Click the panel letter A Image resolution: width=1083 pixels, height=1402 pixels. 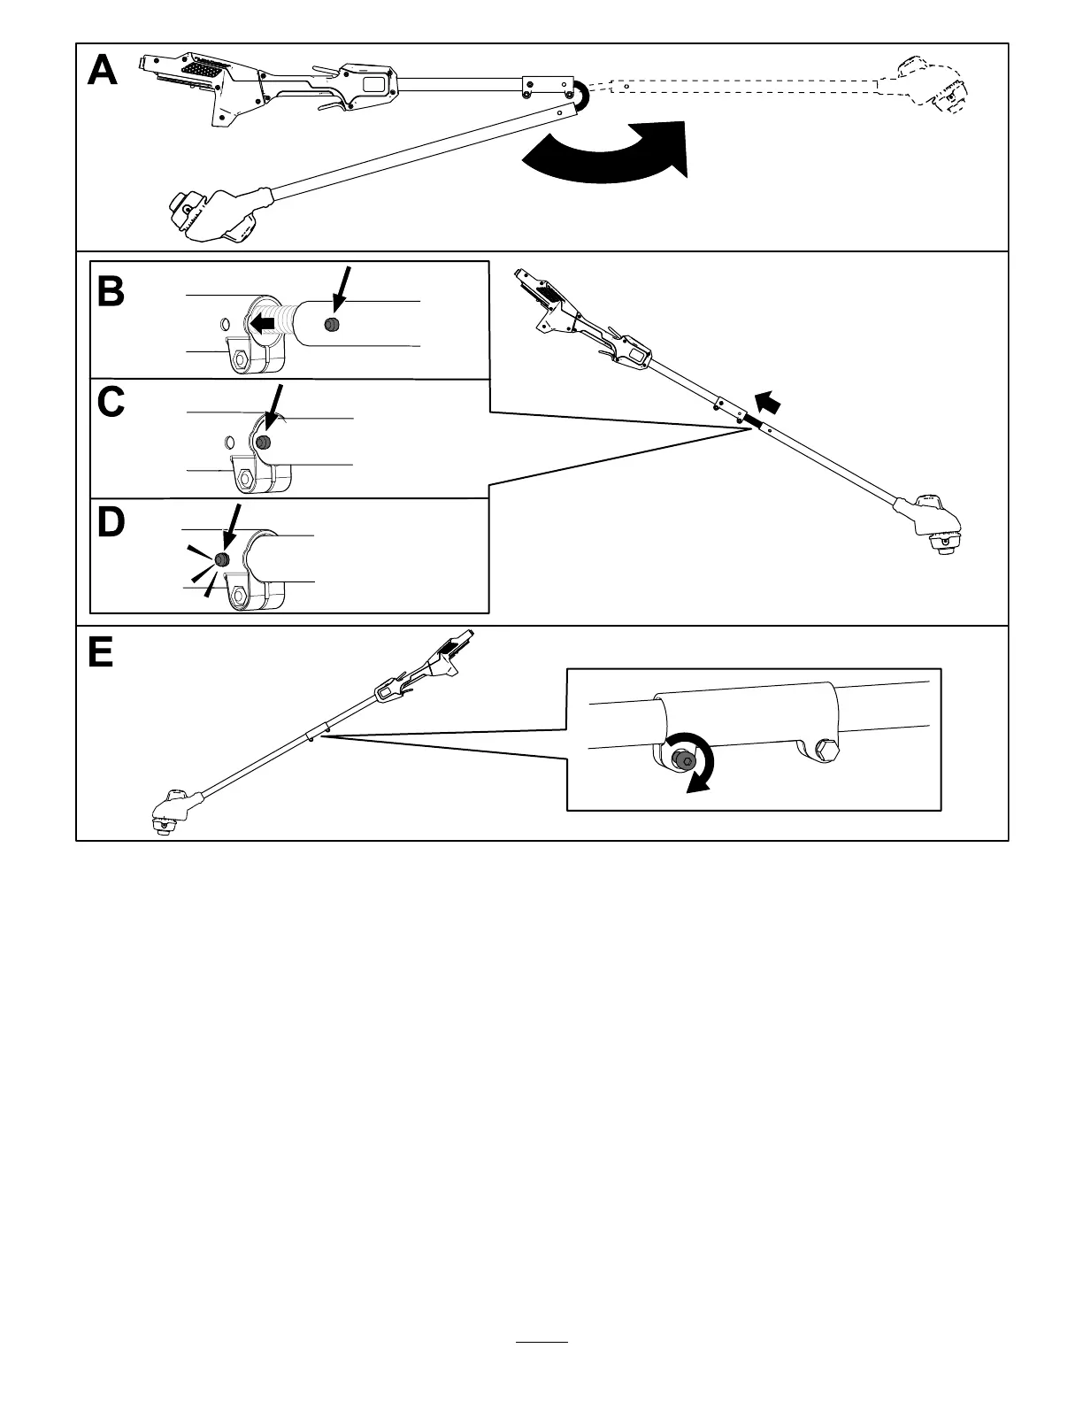tap(103, 71)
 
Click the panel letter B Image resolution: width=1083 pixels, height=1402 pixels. tap(111, 291)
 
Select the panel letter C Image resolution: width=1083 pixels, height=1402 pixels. tap(111, 403)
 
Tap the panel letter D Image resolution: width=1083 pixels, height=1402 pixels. tap(111, 522)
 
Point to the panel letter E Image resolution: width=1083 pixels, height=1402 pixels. tap(101, 653)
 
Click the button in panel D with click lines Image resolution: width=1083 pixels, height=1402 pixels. tap(222, 560)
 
